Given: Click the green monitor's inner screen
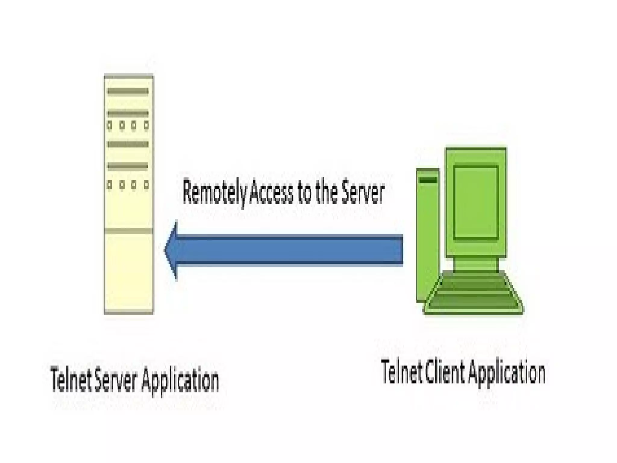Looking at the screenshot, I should pyautogui.click(x=476, y=202).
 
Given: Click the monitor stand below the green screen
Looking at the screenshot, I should pyautogui.click(x=476, y=265).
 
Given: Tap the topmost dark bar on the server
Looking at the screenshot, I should pyautogui.click(x=128, y=91).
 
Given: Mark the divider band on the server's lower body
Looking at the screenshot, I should pyautogui.click(x=129, y=231).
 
